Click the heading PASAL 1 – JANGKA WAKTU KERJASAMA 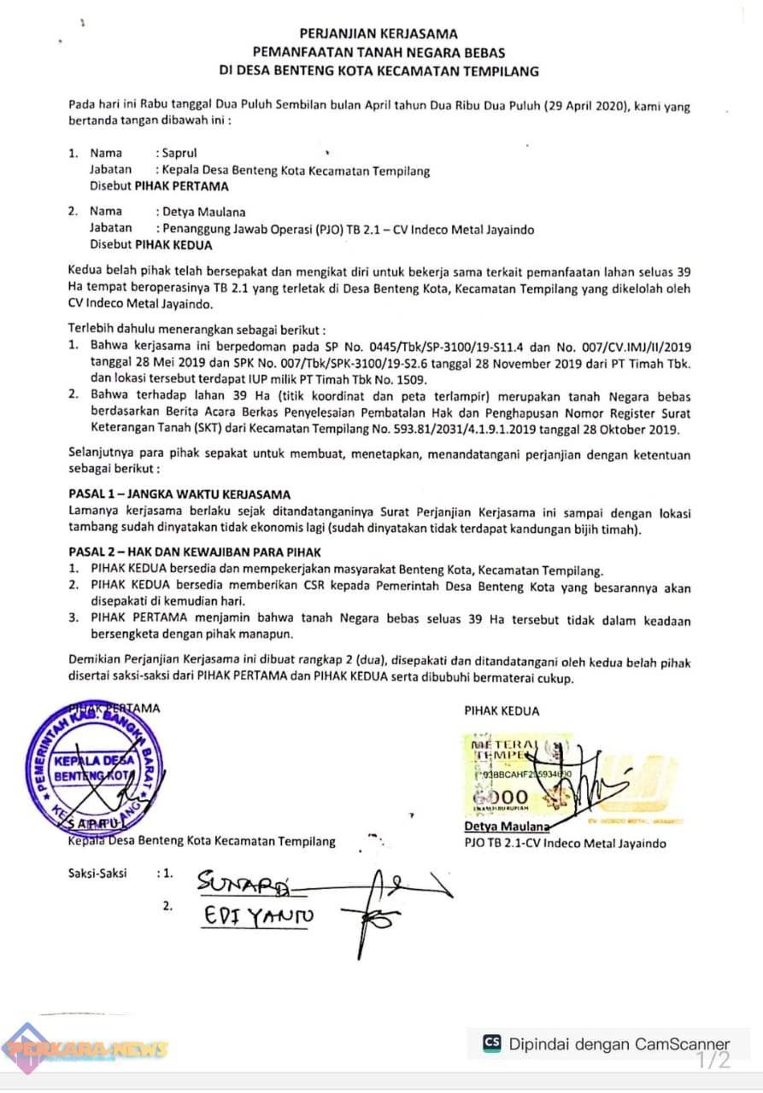[x=179, y=494]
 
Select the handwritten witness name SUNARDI [x=243, y=880]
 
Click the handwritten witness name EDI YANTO [x=257, y=916]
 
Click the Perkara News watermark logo [x=85, y=1049]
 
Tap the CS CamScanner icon [x=492, y=1043]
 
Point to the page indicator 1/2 [x=713, y=1061]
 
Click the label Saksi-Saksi [x=97, y=874]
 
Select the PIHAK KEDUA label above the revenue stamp [x=502, y=710]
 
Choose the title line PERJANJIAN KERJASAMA [x=381, y=34]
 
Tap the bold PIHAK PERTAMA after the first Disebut [x=182, y=185]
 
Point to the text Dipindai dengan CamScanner [x=619, y=1043]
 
